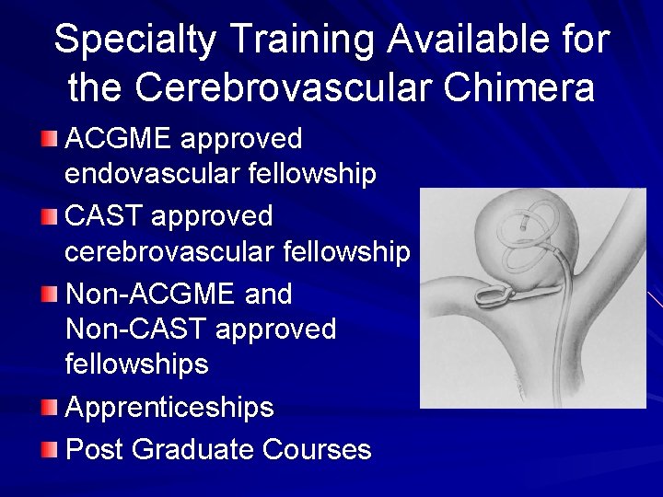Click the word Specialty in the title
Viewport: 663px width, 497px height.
[134, 40]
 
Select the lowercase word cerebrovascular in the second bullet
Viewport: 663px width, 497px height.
[169, 251]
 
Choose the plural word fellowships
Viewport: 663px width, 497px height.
[137, 364]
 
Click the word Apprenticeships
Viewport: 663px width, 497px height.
[170, 407]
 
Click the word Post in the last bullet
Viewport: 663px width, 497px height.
[96, 449]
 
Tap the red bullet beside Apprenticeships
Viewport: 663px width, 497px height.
[50, 406]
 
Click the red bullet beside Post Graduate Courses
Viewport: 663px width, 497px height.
[50, 448]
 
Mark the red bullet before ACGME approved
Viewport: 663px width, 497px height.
[50, 139]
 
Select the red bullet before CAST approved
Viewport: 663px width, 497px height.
[50, 216]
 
